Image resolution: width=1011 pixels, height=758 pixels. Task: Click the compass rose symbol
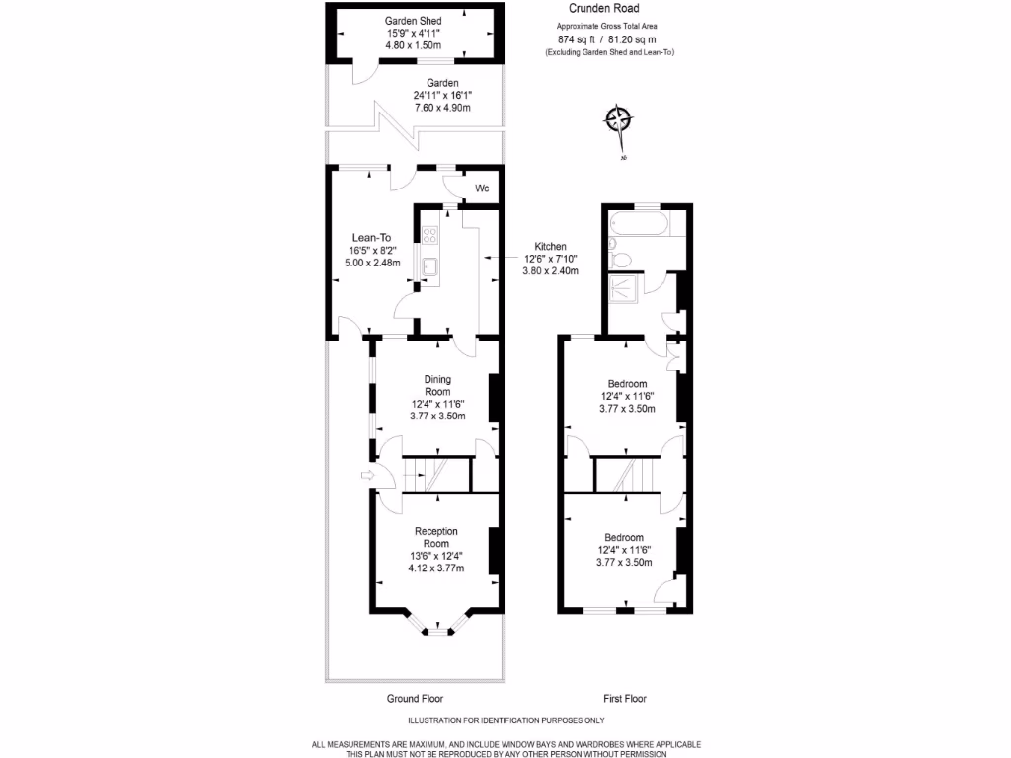(618, 120)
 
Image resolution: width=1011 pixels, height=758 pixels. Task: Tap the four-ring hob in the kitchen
(430, 235)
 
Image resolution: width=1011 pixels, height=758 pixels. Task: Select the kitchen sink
(430, 265)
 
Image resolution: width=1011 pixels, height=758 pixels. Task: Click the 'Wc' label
(482, 188)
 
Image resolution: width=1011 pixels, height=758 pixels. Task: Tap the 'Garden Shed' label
(414, 21)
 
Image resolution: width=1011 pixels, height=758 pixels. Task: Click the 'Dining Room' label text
(436, 385)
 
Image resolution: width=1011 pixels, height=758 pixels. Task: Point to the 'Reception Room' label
(435, 537)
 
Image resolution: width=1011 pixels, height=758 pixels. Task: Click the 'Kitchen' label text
(550, 246)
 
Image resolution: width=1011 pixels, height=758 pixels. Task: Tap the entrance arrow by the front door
(369, 477)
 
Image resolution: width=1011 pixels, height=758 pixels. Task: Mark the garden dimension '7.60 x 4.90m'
(441, 107)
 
